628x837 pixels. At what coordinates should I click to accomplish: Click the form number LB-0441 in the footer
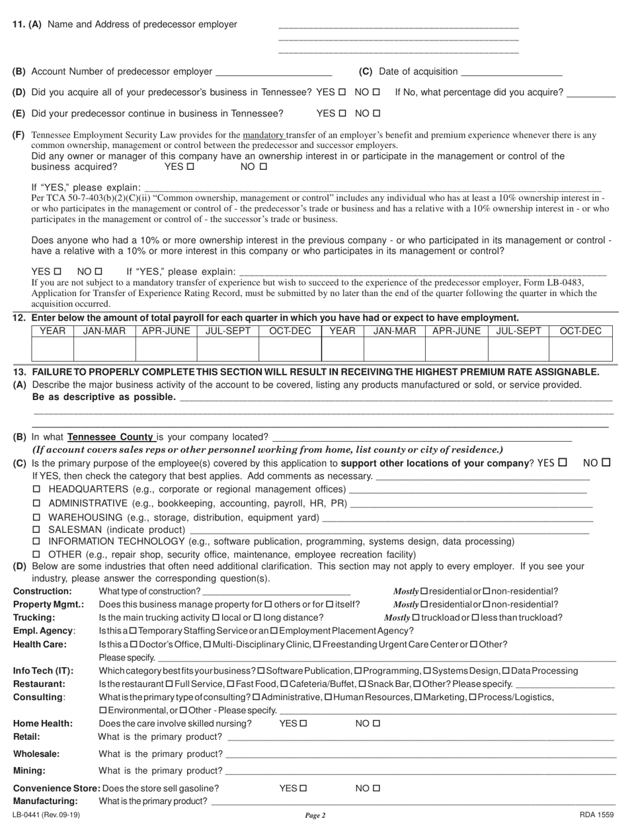(x=46, y=815)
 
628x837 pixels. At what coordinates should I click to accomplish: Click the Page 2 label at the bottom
(x=315, y=815)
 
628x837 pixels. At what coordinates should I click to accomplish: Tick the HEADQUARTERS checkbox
(x=37, y=489)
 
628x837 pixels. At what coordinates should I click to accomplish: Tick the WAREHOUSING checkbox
(x=37, y=516)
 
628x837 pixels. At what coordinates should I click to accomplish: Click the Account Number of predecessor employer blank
(x=274, y=71)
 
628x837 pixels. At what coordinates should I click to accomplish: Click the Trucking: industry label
(x=33, y=618)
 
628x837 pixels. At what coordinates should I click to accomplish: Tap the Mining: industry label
(x=29, y=770)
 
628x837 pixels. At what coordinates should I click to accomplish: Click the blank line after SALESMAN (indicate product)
(x=389, y=530)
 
